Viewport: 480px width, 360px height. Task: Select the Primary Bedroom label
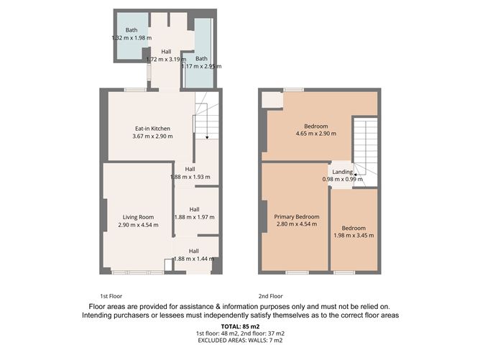(296, 216)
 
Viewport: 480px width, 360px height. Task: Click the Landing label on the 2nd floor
(342, 172)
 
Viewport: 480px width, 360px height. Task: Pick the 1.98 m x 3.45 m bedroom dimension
(354, 234)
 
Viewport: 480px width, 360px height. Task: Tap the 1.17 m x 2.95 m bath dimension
(202, 66)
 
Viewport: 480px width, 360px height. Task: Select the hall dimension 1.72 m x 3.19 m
(167, 60)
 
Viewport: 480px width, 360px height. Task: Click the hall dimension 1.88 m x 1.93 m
(190, 177)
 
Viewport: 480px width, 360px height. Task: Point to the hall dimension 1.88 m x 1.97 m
(194, 216)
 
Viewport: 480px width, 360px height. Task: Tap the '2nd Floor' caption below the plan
(271, 296)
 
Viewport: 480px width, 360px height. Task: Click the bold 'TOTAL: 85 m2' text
(239, 327)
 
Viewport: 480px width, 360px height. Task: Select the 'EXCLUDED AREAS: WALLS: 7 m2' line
(239, 341)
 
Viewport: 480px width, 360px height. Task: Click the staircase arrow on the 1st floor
(207, 136)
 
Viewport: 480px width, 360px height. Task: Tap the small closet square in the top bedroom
(272, 100)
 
